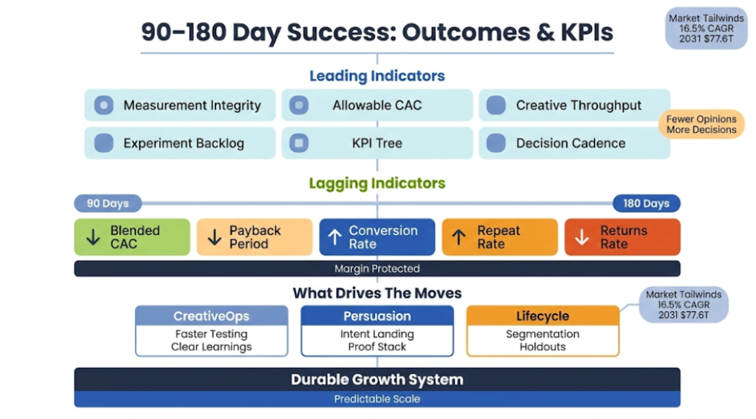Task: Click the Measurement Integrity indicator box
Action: tap(179, 105)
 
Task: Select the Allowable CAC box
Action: tap(377, 105)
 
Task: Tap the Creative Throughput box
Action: tap(574, 105)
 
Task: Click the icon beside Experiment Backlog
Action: tap(104, 143)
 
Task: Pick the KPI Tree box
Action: tap(377, 143)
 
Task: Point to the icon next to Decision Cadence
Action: tap(496, 143)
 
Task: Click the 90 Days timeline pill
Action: tap(107, 204)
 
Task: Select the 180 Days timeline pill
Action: tap(646, 204)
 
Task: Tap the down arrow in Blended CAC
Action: tap(93, 238)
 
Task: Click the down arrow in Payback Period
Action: tap(214, 238)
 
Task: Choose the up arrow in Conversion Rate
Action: tap(334, 238)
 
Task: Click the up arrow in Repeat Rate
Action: tap(458, 238)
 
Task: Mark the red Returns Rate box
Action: tap(622, 237)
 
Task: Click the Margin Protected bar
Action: tap(377, 269)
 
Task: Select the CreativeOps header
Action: tap(211, 316)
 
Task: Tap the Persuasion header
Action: tap(377, 316)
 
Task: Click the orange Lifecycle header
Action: tap(543, 316)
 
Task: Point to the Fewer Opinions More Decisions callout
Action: tap(701, 124)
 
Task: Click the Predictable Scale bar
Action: tap(377, 399)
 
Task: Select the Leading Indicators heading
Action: tap(377, 76)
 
